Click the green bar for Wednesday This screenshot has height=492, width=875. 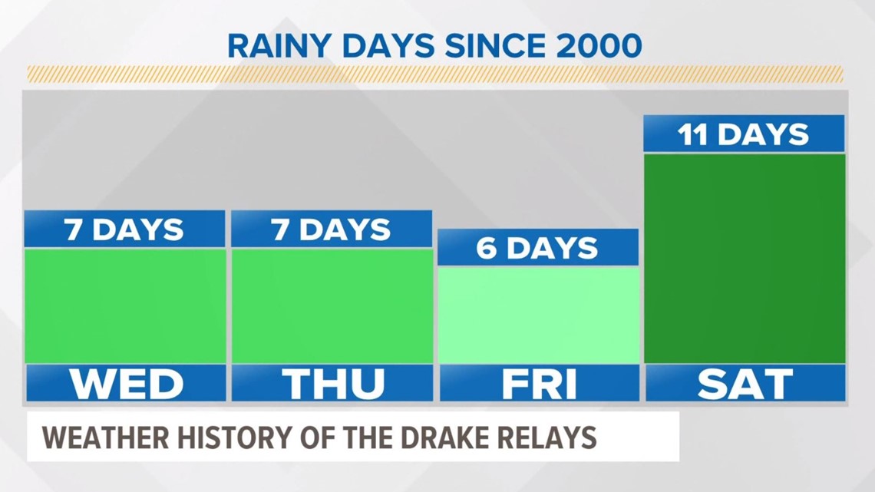125,305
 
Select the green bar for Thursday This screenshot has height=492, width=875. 332,305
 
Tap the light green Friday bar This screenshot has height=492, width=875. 538,315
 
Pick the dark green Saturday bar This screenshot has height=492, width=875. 745,258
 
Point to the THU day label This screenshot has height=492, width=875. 332,384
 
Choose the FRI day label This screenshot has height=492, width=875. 539,384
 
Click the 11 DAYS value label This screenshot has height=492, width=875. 743,135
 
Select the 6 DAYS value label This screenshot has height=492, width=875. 537,248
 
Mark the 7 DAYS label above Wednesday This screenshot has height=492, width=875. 124,229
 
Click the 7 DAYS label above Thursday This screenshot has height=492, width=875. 332,229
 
